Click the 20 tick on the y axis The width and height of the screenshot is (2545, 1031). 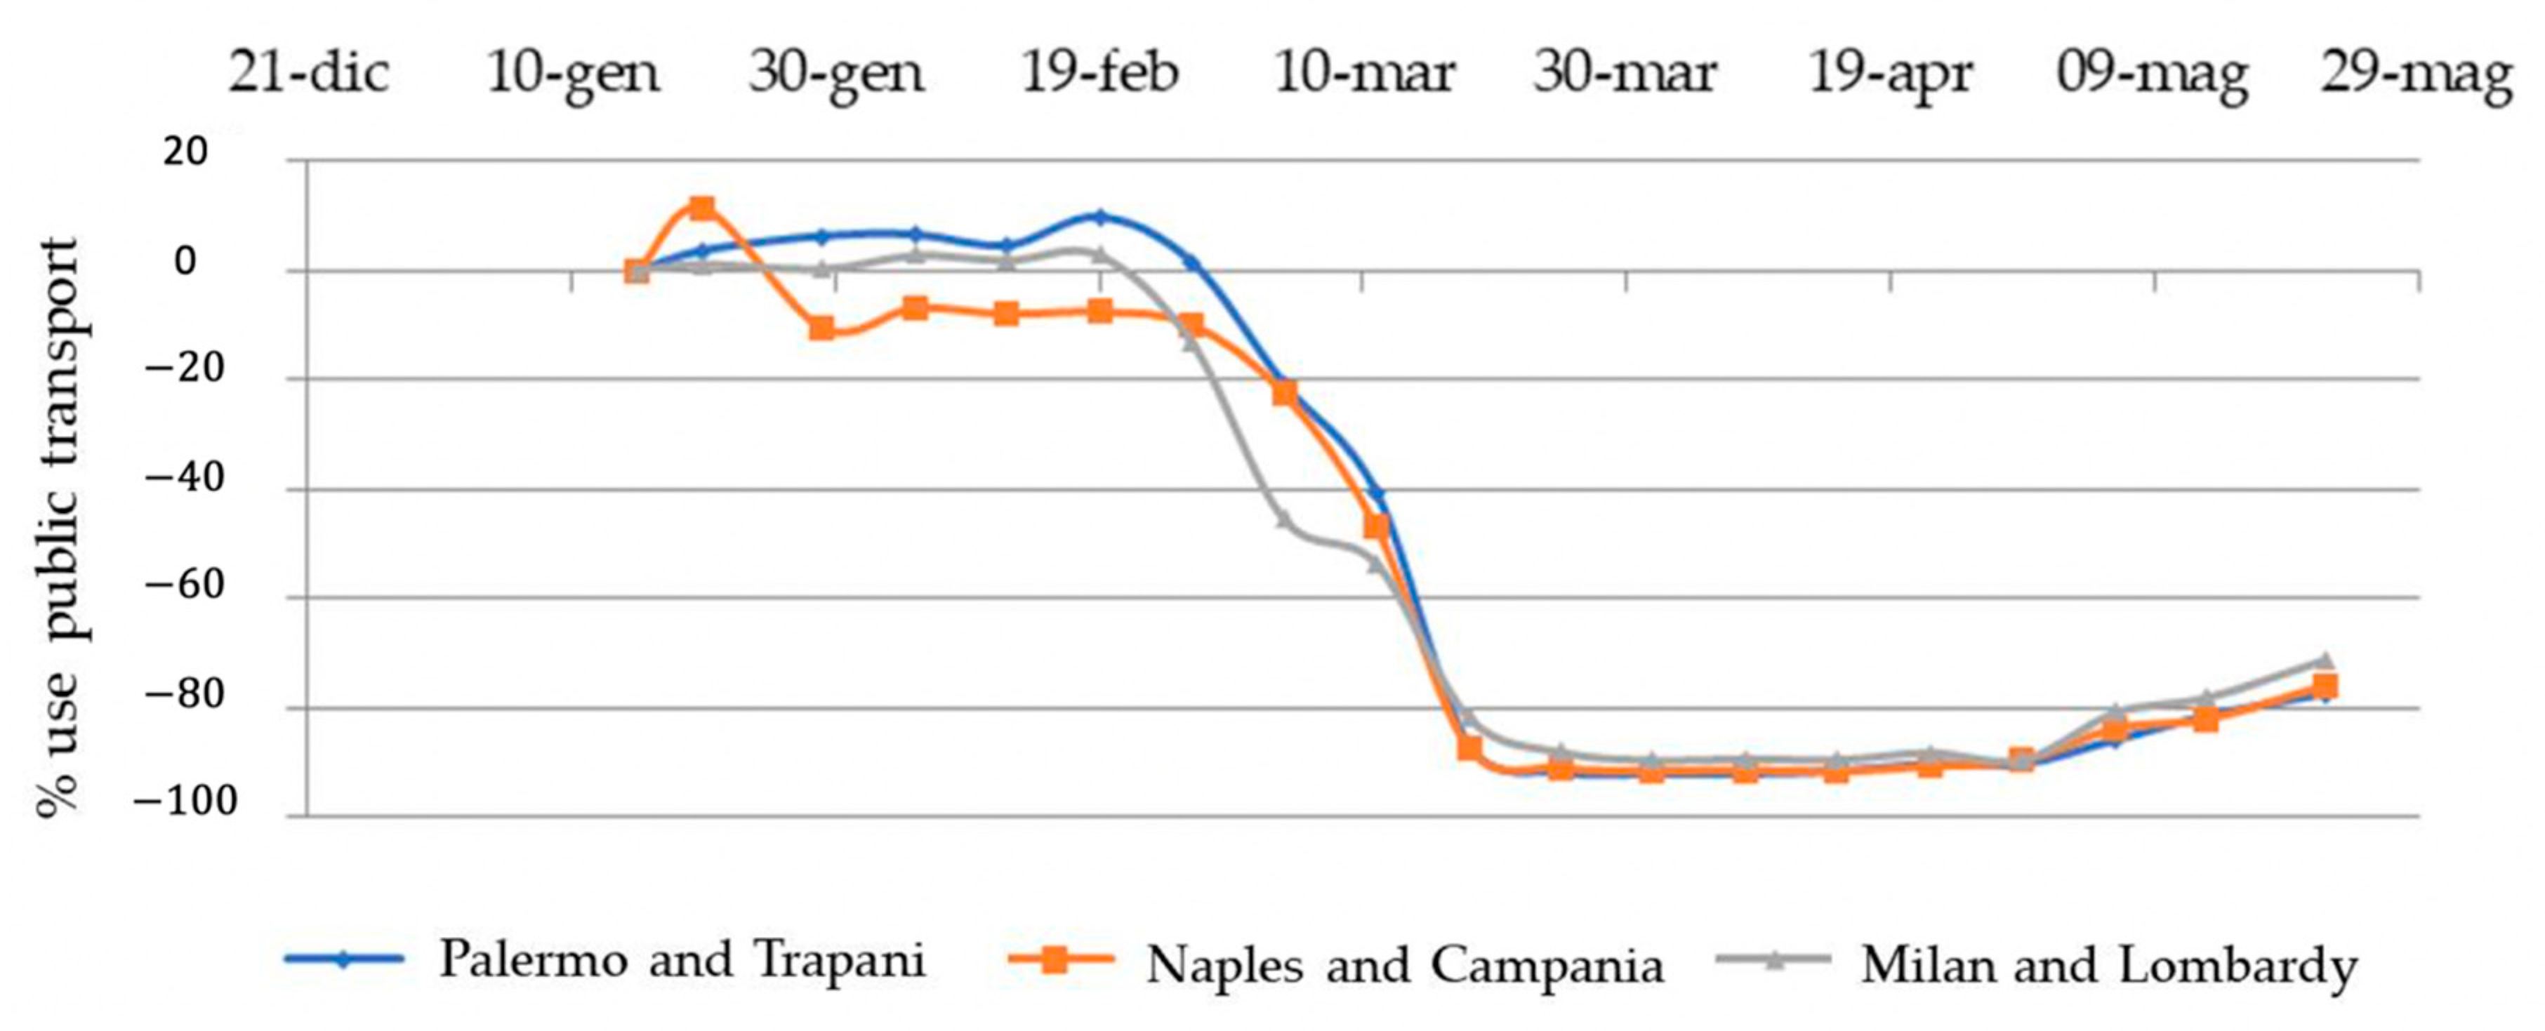coord(186,153)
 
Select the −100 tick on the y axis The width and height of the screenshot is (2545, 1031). coord(186,804)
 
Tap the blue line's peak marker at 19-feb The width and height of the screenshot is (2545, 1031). coord(1099,215)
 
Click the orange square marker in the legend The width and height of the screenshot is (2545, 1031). coord(1055,960)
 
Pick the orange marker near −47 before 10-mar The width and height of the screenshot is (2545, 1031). coord(1376,527)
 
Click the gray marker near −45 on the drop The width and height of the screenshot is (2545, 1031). coord(1283,519)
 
